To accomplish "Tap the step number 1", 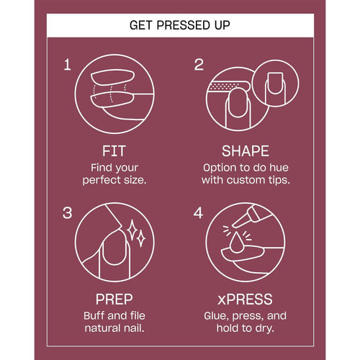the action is tap(68, 65).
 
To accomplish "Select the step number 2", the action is tap(199, 65).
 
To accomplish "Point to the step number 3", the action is tap(67, 213).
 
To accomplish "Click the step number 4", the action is tap(198, 213).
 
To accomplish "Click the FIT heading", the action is tap(114, 151).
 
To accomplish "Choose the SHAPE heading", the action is tap(246, 151).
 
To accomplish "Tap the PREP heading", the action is tap(114, 299).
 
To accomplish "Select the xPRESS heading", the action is tap(245, 299).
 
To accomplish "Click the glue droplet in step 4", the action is tap(237, 243).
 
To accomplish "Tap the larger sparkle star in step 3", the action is tap(132, 230).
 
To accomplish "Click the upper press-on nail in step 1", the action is tap(112, 77).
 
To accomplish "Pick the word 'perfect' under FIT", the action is tap(101, 180).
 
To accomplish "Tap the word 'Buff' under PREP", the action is tap(94, 315).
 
